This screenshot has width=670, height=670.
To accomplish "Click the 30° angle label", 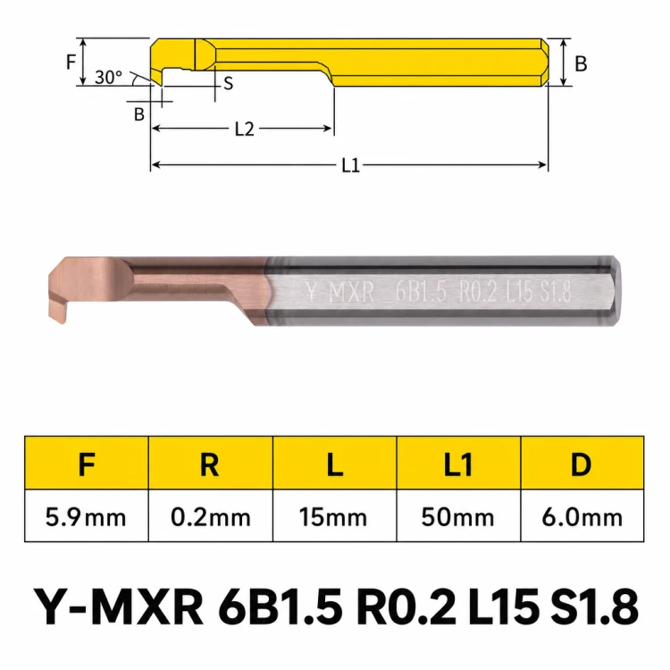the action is pos(108,78).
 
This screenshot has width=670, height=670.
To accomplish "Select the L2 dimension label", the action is pos(245,129).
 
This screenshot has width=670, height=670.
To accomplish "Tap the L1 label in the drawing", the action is pos(351,165).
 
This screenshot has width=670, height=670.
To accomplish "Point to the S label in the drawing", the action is pos(229,83).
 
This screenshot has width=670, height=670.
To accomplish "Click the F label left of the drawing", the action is pos(71,62).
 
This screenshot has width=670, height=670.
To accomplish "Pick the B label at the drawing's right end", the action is pos(581,63).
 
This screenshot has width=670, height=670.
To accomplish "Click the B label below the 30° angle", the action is pos(138,114).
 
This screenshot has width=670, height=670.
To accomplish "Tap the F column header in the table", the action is pos(87,464).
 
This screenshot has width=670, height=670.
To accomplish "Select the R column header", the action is pos(210,464).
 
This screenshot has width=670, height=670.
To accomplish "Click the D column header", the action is pos(582,464).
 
